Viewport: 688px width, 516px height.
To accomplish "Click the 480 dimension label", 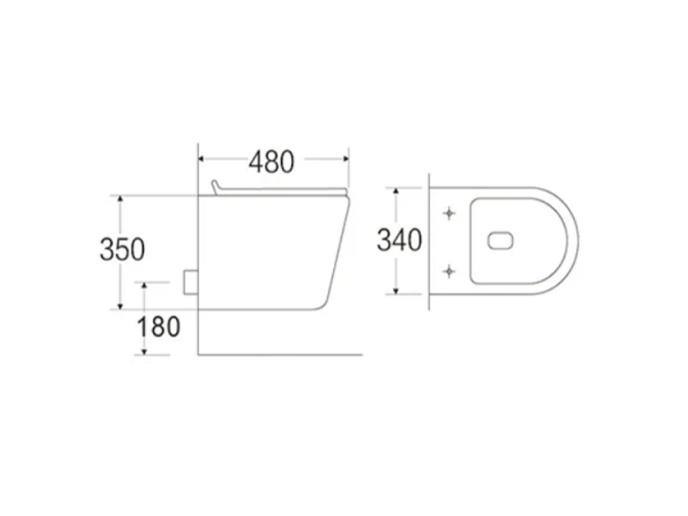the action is [271, 162].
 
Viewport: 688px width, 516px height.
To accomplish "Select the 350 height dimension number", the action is [122, 250].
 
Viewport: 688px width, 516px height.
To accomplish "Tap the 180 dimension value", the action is [159, 327].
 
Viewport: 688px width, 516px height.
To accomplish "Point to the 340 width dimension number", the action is [399, 241].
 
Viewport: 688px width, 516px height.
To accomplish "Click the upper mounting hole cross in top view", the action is [449, 213].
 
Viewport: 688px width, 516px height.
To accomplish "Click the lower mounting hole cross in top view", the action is [449, 272].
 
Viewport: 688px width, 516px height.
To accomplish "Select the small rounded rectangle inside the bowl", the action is [500, 241].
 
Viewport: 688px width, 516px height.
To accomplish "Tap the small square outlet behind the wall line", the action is [190, 283].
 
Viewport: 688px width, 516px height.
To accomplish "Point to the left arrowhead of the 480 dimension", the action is [201, 159].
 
